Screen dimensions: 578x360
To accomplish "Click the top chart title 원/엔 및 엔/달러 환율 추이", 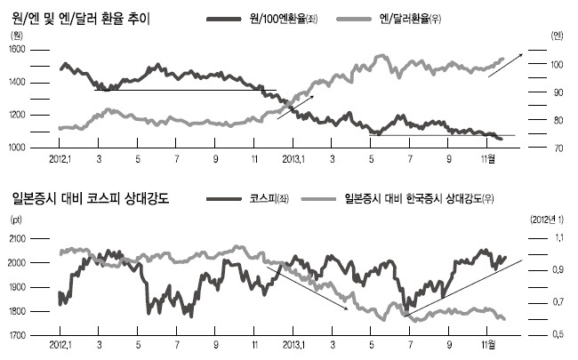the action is [x=81, y=18].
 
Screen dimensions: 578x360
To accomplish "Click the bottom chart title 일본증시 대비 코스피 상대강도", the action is [x=91, y=198].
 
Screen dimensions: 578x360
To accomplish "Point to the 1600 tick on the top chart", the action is [x=17, y=50].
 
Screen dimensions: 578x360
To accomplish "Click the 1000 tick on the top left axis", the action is [x=17, y=148].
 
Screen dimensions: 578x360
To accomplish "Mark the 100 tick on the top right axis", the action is [x=557, y=65].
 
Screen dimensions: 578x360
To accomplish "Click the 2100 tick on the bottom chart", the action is [x=17, y=239].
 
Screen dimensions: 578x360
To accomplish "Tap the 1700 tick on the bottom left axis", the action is [x=17, y=335].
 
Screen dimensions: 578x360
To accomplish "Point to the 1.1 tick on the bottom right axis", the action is [x=558, y=238].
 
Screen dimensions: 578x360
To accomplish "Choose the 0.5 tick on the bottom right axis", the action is [x=558, y=334].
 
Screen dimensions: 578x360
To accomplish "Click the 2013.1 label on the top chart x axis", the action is [x=293, y=159].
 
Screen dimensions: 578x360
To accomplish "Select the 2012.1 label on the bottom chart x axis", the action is [x=60, y=345].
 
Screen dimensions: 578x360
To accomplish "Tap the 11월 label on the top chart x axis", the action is [x=488, y=159].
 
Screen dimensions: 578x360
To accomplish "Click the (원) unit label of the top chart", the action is [x=17, y=36].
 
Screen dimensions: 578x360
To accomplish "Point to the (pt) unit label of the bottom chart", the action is [x=16, y=220].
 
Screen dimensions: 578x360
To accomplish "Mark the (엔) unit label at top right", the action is [x=557, y=36].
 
